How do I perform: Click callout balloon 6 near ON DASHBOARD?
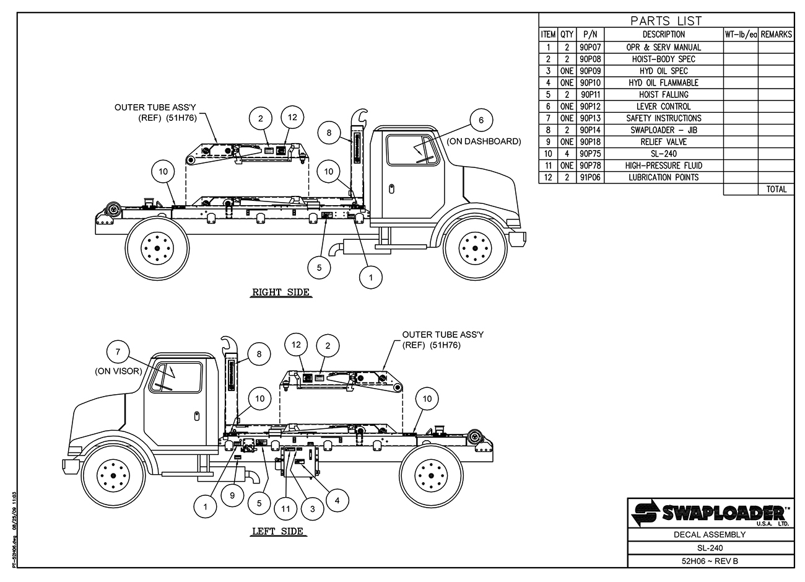tap(481, 120)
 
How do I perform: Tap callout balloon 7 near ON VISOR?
tap(118, 352)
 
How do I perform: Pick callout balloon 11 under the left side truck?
tap(285, 509)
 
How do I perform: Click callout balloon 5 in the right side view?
tap(320, 267)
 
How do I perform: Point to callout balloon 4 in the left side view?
tap(336, 499)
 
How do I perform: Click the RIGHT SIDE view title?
tap(281, 293)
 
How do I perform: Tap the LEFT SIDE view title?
tap(277, 531)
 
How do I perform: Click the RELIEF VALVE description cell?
tap(663, 142)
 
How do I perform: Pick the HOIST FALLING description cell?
tap(663, 95)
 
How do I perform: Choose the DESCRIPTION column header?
tap(663, 35)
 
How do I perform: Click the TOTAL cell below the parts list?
tap(777, 189)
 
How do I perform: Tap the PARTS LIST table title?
tap(666, 20)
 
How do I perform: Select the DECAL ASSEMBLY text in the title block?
tap(710, 534)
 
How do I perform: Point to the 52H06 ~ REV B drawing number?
tap(710, 562)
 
